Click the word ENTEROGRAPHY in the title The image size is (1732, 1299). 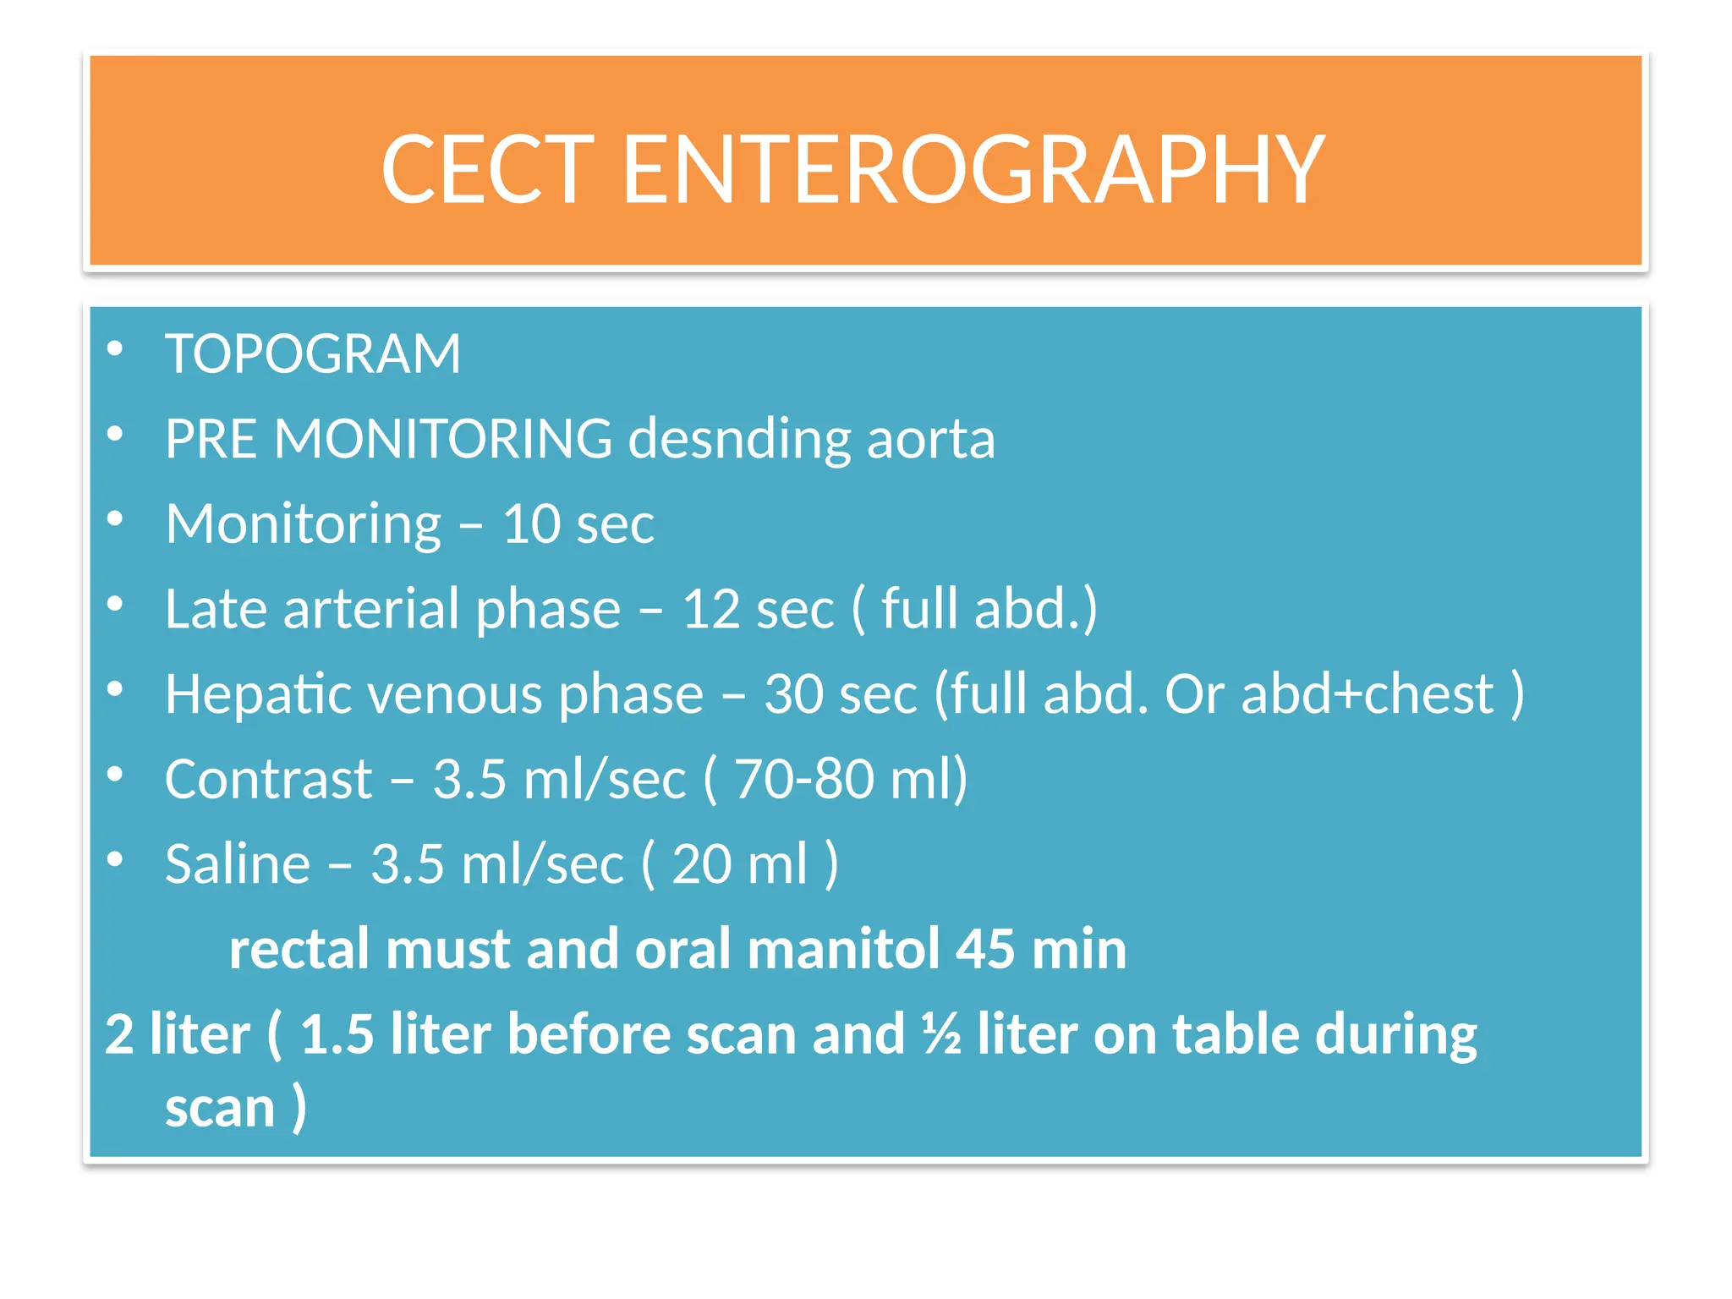973,171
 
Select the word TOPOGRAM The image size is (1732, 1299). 313,354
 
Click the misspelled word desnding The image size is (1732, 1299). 738,440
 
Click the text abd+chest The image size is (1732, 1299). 1368,695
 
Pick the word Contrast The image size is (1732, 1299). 268,780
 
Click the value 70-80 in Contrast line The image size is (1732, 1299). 803,780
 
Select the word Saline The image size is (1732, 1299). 238,865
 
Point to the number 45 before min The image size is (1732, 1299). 984,950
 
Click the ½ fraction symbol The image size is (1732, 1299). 941,1035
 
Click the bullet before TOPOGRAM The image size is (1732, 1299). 116,349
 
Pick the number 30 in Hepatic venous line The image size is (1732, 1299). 793,695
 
